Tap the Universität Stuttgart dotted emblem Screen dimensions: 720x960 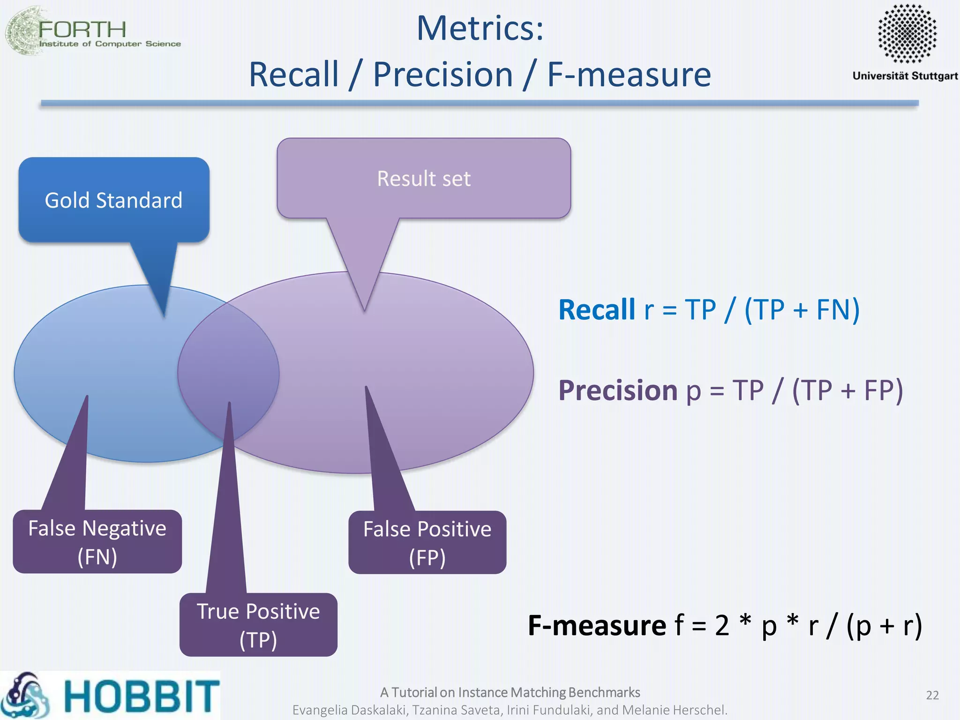click(907, 33)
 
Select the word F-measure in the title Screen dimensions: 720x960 click(629, 75)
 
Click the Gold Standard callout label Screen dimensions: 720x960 click(113, 200)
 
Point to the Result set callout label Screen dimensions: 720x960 click(424, 179)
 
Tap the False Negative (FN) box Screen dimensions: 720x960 click(97, 542)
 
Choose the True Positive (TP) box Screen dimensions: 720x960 click(258, 625)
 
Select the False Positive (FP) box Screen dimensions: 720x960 click(427, 543)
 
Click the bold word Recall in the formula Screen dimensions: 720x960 click(597, 310)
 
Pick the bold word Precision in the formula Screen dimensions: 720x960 click(618, 390)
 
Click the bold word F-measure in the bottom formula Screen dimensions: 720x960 click(597, 625)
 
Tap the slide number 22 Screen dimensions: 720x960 click(932, 695)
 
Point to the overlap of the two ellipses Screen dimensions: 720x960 click(229, 370)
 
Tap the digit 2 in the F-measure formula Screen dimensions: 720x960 click(722, 625)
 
